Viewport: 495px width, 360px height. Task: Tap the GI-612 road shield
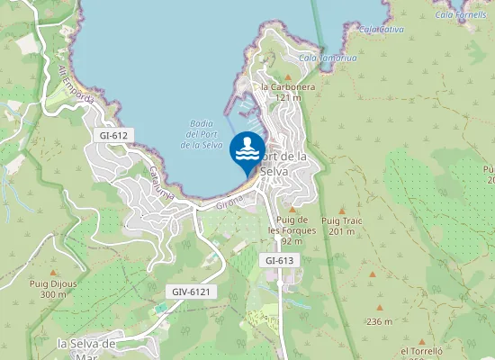click(113, 135)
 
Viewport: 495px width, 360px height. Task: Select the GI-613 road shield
click(280, 260)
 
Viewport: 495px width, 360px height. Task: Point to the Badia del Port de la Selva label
click(202, 134)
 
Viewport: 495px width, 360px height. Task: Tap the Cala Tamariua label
click(328, 58)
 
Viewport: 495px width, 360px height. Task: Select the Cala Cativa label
click(381, 29)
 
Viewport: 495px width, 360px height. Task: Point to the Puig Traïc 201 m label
click(342, 225)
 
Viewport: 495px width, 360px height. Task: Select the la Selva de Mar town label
click(87, 348)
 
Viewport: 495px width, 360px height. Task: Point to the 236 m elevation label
click(380, 321)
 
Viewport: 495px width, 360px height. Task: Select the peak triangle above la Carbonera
click(288, 76)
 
